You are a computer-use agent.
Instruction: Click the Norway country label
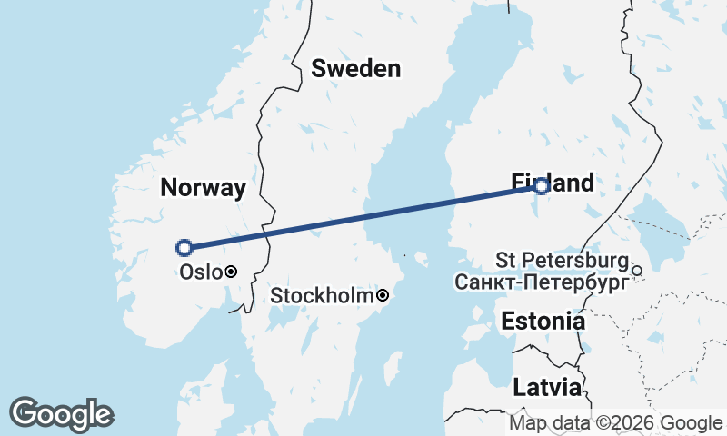[203, 188]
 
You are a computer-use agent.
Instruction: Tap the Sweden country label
[355, 68]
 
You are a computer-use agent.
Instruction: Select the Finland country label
[553, 183]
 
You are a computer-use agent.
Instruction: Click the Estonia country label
[543, 321]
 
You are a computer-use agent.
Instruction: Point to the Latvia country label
[546, 388]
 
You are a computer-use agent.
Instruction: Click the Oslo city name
[200, 272]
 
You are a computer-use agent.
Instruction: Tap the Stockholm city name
[323, 296]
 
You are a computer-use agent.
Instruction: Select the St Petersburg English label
[562, 261]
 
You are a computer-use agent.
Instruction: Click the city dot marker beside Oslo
[232, 271]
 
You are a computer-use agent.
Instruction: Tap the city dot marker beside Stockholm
[383, 295]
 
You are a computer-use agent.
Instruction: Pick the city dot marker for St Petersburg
[637, 270]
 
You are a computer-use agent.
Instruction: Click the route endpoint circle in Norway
[184, 247]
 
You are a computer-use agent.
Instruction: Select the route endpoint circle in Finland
[541, 186]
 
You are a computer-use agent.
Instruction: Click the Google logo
[61, 413]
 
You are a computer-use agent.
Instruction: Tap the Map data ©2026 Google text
[615, 422]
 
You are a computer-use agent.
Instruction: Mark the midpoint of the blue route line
[363, 216]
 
